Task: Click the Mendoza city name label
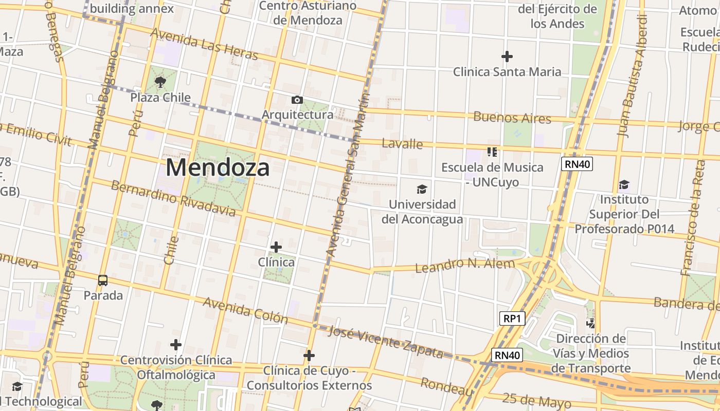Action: click(x=218, y=168)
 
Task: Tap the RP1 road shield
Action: click(x=512, y=319)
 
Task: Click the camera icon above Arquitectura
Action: click(x=297, y=100)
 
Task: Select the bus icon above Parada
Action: click(x=103, y=281)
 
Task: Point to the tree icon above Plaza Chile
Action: click(x=160, y=82)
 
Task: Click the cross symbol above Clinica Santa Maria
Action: click(x=507, y=56)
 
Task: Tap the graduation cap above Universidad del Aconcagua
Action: click(x=422, y=190)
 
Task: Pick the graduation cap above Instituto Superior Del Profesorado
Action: click(x=624, y=184)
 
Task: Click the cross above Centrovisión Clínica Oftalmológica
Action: click(x=176, y=345)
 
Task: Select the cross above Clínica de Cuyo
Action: click(x=309, y=356)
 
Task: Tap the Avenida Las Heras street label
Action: click(x=204, y=44)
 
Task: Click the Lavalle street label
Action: click(x=402, y=143)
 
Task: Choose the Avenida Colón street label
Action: click(x=245, y=310)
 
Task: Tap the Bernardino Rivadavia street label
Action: click(x=173, y=198)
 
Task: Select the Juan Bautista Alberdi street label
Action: click(x=632, y=76)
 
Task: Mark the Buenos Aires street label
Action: click(x=512, y=117)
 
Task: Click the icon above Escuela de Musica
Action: click(x=492, y=152)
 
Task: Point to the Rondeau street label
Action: click(x=446, y=386)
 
